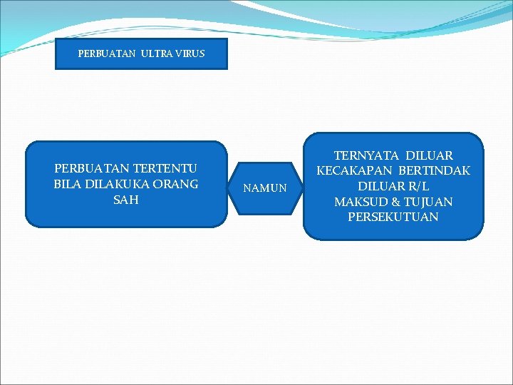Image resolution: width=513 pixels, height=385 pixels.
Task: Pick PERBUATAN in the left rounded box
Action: click(91, 168)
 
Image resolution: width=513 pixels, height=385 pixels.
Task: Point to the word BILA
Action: click(68, 184)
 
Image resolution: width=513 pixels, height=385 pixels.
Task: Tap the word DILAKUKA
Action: click(117, 184)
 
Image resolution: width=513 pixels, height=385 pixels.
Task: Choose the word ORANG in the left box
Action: click(175, 184)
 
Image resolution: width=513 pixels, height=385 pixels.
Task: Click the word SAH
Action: click(126, 200)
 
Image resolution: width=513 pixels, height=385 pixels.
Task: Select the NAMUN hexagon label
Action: click(265, 189)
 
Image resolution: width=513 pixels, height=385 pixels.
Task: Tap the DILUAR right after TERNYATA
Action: click(429, 155)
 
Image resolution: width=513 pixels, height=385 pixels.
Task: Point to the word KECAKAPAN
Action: click(354, 171)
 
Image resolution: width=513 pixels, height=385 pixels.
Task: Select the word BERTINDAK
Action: click(435, 171)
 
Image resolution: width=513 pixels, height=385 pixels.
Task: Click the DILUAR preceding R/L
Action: click(381, 187)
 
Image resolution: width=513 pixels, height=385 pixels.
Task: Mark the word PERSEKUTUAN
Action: click(393, 217)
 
